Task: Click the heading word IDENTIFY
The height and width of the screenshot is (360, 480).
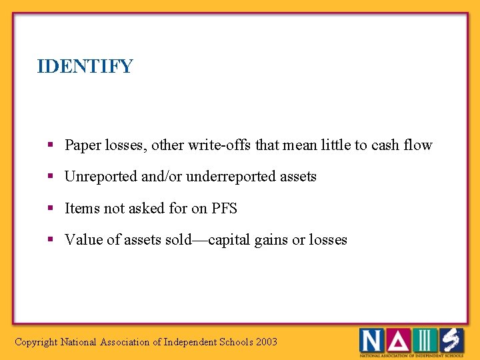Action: click(x=85, y=67)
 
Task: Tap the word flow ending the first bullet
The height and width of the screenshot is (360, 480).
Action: click(x=417, y=145)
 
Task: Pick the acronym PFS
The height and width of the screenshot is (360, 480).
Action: click(x=224, y=209)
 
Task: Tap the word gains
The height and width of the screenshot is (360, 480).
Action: click(x=271, y=240)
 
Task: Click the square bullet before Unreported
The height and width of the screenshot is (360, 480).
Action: click(x=51, y=177)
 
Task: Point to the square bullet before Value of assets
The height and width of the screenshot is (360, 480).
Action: click(x=51, y=240)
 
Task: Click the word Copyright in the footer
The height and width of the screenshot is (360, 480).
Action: click(x=36, y=342)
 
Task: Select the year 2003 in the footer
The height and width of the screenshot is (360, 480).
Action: click(x=267, y=342)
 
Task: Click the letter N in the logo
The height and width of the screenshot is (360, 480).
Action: click(x=371, y=341)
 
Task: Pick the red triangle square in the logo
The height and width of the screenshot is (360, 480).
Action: click(x=397, y=341)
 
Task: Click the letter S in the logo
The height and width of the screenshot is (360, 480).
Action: click(x=451, y=341)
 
